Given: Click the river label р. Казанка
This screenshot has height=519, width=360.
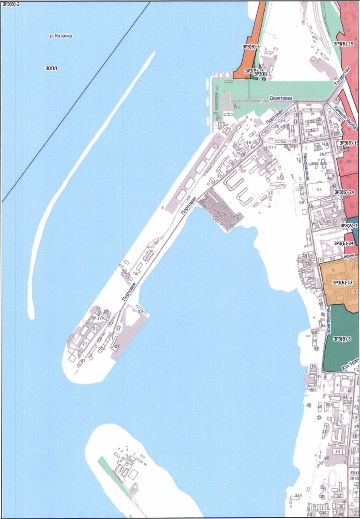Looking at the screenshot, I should pos(61,36).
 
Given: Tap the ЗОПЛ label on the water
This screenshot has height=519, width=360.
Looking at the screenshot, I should pos(51,68).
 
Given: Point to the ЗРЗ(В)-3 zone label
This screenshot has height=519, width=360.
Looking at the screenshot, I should pos(251,46).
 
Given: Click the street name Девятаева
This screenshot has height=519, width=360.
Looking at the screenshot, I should pos(279,98).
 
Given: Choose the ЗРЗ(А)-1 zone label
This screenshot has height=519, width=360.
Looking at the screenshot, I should pos(348,225).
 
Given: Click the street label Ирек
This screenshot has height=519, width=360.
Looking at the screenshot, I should pos(349,257).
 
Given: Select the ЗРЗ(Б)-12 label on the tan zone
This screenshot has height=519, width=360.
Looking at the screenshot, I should pos(343,283).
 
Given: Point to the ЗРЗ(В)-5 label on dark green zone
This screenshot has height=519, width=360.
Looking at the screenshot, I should pos(342,339).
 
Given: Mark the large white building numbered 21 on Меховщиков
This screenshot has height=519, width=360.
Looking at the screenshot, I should pos(319,190).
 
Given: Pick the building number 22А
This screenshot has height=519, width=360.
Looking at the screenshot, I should pos(329,405).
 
